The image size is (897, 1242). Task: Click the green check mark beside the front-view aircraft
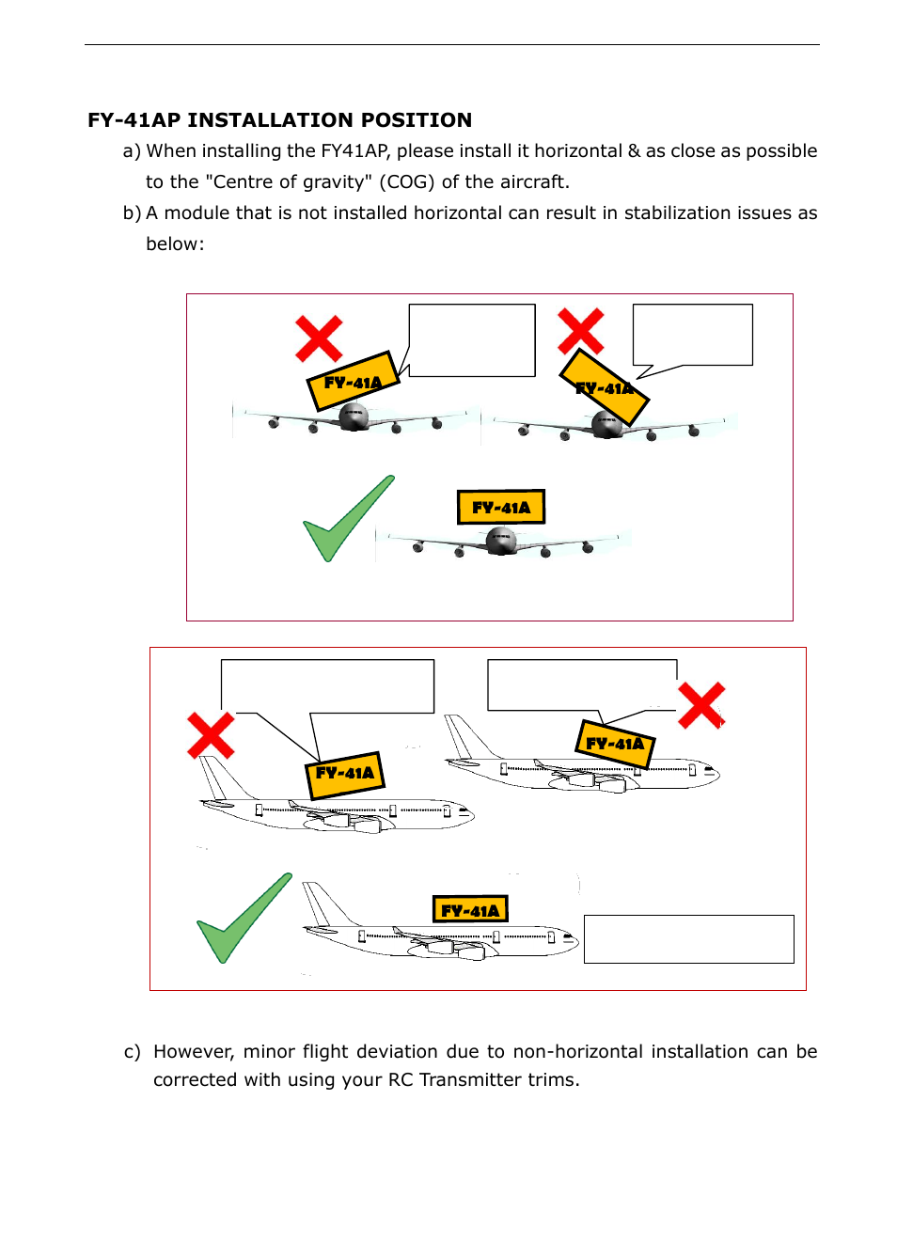tap(343, 521)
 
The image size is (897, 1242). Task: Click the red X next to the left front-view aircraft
tap(319, 338)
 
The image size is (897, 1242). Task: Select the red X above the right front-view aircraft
tap(580, 331)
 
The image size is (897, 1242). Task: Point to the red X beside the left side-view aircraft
tap(211, 735)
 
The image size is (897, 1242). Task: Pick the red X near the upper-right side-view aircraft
tap(701, 705)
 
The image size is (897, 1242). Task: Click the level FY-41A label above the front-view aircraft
tap(501, 507)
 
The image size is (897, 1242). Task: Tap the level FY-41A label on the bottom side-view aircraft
tap(470, 909)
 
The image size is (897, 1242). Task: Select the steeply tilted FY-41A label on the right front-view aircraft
tap(605, 387)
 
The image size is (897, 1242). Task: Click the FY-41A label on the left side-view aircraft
tap(345, 775)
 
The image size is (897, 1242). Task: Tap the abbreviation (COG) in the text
tap(407, 181)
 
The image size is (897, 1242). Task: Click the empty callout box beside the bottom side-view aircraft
tap(688, 938)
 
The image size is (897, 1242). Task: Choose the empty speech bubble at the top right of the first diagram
tap(693, 334)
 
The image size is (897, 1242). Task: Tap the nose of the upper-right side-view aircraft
tap(715, 775)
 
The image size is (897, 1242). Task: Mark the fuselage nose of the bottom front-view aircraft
tap(501, 541)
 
